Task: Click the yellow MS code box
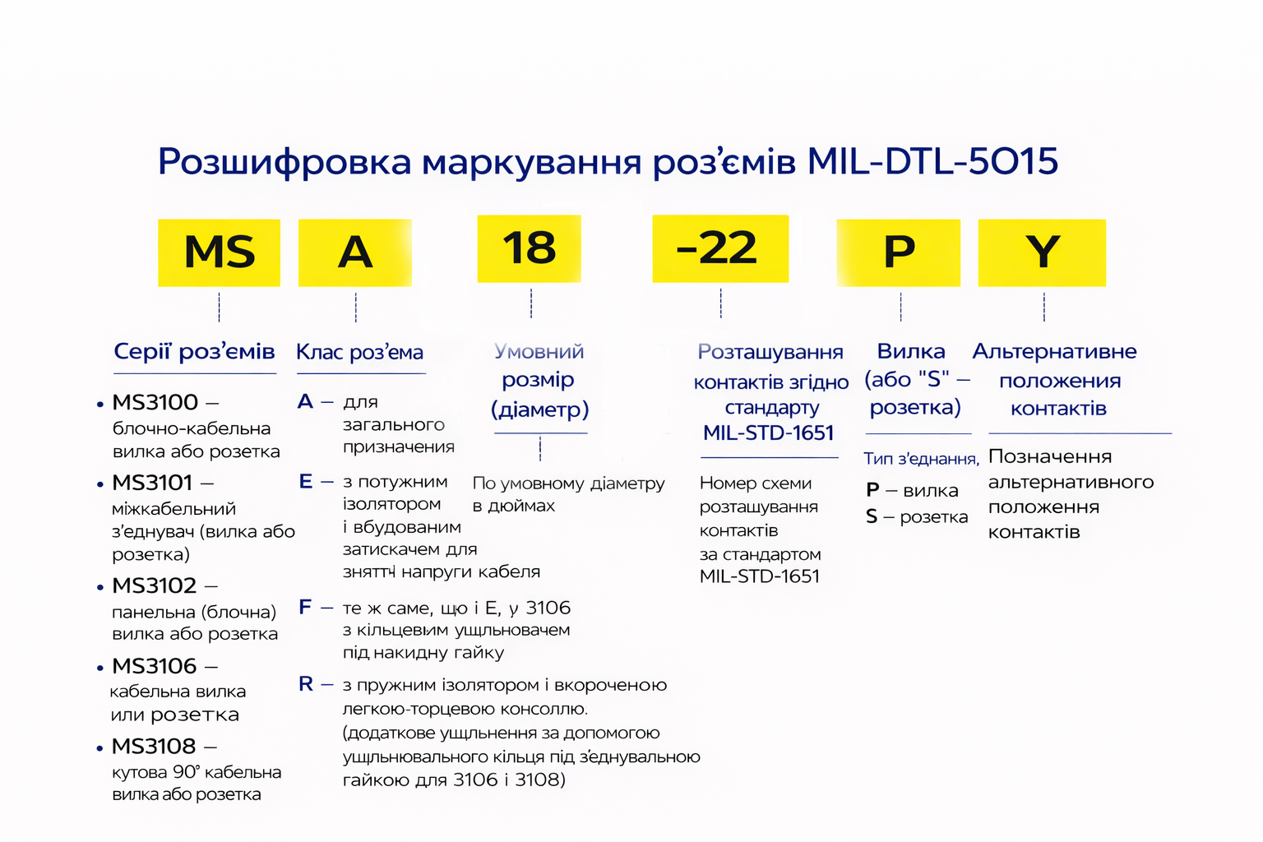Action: click(x=219, y=252)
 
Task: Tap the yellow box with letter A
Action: click(x=355, y=252)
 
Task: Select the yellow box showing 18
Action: click(x=529, y=248)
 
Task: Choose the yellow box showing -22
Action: click(x=720, y=248)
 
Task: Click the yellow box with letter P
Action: click(x=898, y=252)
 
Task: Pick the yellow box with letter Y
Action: click(x=1042, y=252)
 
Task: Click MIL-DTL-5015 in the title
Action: click(x=932, y=161)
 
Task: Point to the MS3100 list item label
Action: click(x=155, y=403)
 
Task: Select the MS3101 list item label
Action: click(x=152, y=483)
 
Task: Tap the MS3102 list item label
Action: click(x=154, y=586)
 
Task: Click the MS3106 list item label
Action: click(x=154, y=667)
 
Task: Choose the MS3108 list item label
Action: click(x=154, y=747)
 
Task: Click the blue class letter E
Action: click(x=305, y=482)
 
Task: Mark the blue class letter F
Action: click(x=305, y=608)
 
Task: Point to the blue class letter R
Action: click(x=306, y=684)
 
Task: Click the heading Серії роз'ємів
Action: click(x=195, y=352)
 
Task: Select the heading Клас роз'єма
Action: click(x=359, y=353)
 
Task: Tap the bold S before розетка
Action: click(x=872, y=516)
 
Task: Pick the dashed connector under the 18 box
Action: click(x=531, y=303)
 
